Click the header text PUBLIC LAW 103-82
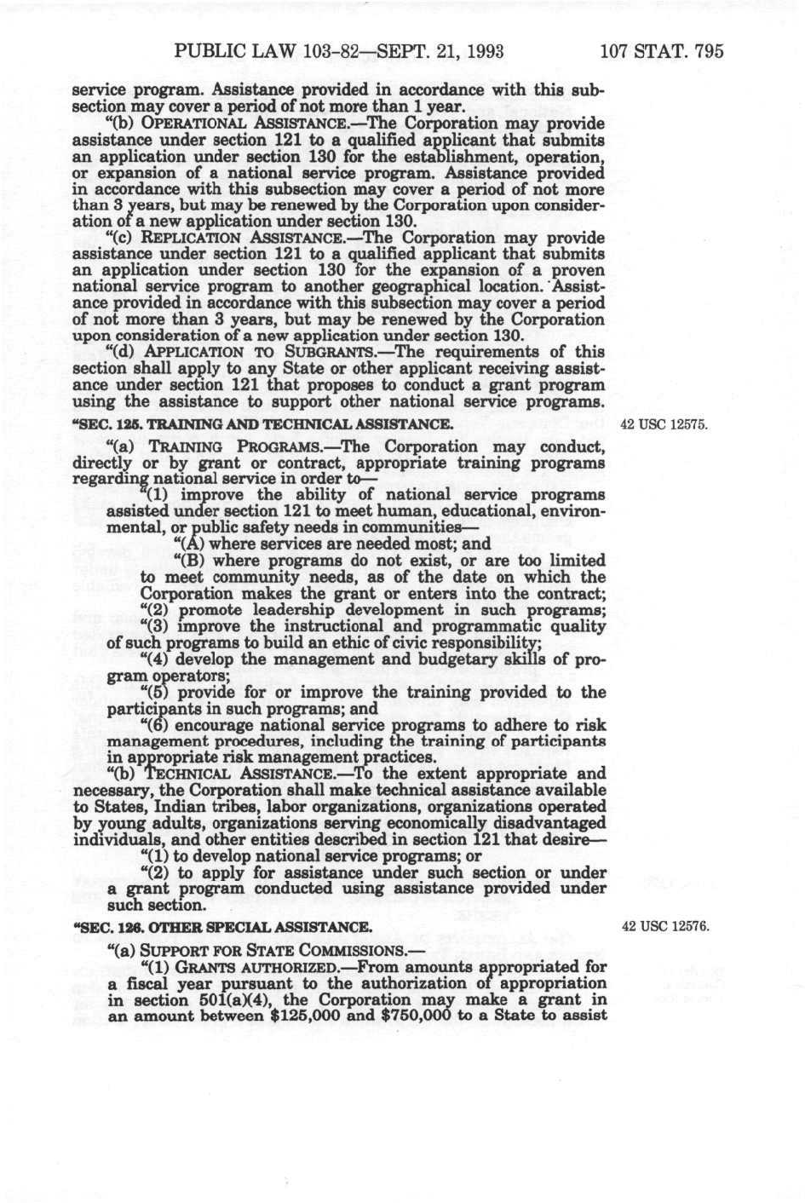pos(247,52)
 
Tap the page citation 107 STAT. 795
pos(662,52)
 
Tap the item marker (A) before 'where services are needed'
pos(184,544)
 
